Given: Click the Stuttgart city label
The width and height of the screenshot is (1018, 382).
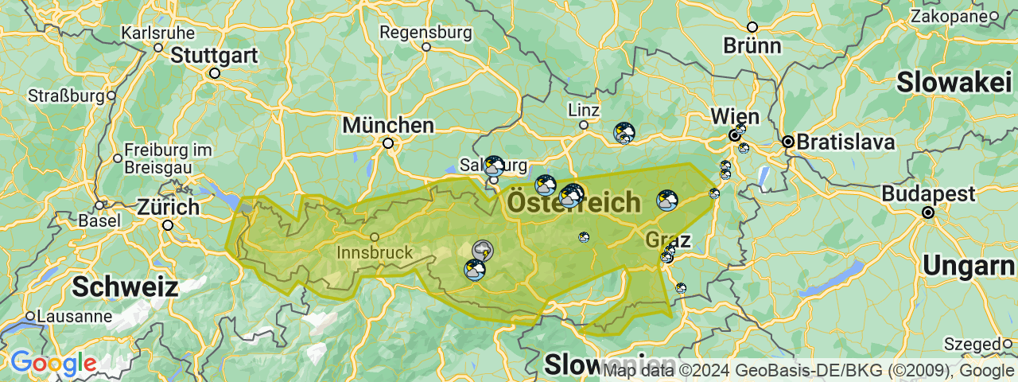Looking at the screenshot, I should [x=214, y=56].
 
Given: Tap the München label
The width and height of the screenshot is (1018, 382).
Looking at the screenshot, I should [x=388, y=126].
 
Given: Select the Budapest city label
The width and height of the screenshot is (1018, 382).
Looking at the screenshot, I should [x=928, y=194].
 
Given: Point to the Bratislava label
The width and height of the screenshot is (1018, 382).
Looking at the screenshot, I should [x=845, y=142].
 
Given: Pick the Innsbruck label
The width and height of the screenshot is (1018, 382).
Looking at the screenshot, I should [x=375, y=252].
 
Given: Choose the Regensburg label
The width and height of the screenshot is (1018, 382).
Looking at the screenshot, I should [x=425, y=33].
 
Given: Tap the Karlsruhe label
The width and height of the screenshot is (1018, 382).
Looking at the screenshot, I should [x=157, y=33].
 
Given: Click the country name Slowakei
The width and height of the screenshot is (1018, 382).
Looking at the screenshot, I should [x=954, y=82].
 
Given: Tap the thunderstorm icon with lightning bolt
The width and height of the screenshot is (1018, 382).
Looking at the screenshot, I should [x=483, y=251].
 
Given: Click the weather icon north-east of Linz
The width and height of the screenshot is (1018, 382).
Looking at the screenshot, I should [x=624, y=132].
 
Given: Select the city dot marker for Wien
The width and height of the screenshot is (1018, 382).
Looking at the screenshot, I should [x=735, y=136].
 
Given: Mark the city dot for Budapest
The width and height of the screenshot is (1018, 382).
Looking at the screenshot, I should [x=928, y=213].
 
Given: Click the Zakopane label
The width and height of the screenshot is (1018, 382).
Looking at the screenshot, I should [x=949, y=16].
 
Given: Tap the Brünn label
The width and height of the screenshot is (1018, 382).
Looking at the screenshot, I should [x=752, y=45].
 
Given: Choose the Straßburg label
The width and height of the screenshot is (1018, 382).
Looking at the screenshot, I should [x=66, y=95].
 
